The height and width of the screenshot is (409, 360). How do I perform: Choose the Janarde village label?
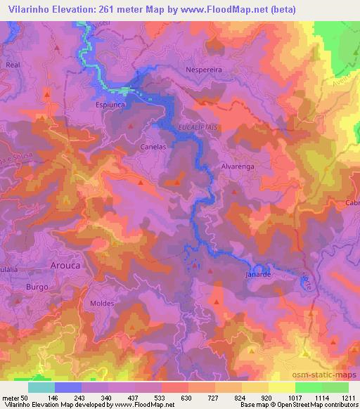pos(259,275)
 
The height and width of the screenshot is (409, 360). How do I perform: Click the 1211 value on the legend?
pos(349,397)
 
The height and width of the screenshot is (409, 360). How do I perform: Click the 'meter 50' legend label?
pos(14,397)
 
